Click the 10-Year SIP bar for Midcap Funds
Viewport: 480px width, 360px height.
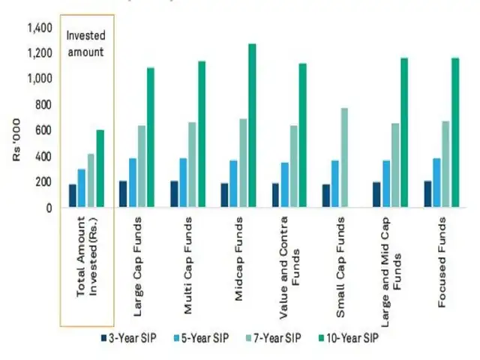click(251, 125)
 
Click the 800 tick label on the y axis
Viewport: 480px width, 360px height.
click(42, 105)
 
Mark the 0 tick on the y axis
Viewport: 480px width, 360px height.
click(49, 208)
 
